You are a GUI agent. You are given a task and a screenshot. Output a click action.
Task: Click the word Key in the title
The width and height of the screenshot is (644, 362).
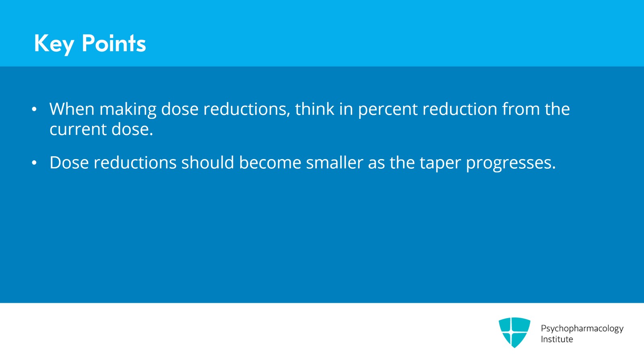[x=54, y=44]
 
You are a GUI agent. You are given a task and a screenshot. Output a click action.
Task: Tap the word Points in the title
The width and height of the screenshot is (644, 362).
[x=114, y=43]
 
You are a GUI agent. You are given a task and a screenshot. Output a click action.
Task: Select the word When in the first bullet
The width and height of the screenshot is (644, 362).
[x=72, y=109]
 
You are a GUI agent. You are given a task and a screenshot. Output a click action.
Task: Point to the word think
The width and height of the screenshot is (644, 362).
[x=314, y=109]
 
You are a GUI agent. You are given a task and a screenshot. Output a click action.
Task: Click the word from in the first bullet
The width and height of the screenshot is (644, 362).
[x=521, y=109]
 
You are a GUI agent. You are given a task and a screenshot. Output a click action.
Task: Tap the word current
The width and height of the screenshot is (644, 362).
[x=78, y=130]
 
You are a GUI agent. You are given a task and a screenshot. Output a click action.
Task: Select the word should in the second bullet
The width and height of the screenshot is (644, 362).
[x=208, y=162]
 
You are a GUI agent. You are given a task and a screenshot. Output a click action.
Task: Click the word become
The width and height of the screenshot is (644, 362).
[x=270, y=162]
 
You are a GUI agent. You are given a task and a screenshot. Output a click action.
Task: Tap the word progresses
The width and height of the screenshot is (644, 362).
[x=511, y=164]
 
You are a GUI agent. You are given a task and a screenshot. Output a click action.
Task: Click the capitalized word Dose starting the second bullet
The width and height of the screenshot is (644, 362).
[x=69, y=163]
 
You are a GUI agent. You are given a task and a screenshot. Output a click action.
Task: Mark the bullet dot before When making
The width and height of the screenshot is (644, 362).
[x=34, y=109]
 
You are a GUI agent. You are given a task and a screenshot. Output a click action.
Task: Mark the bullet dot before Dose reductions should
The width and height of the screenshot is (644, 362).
[x=34, y=163]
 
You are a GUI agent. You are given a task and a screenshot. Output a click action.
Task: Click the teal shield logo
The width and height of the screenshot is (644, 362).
[x=514, y=332]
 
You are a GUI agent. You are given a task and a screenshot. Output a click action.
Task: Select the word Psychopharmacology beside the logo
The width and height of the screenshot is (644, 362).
[x=582, y=329]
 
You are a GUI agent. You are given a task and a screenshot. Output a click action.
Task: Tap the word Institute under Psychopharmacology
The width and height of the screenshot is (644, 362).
[x=557, y=339]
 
